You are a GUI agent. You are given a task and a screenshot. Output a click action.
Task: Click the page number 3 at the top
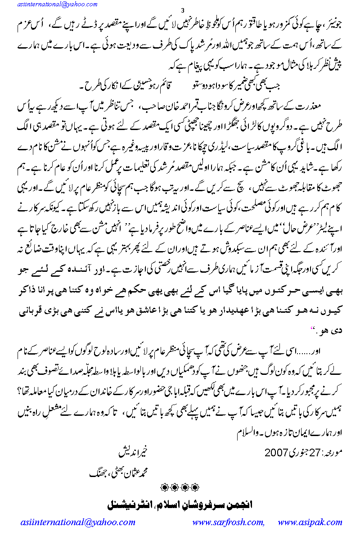click(181, 10)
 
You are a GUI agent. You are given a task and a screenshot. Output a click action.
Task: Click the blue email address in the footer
click(78, 522)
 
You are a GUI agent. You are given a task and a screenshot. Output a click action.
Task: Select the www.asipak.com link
click(310, 522)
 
